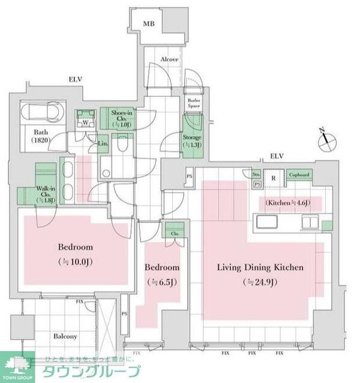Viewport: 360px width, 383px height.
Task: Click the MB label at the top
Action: (x=148, y=24)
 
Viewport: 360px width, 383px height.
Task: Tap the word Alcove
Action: (x=172, y=60)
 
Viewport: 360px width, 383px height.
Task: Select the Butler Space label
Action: (x=194, y=103)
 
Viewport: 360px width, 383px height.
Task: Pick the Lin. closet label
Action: (x=102, y=144)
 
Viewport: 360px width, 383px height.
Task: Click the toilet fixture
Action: (x=123, y=144)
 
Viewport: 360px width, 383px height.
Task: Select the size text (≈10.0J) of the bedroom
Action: (x=76, y=262)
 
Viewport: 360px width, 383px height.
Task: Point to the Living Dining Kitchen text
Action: (x=260, y=267)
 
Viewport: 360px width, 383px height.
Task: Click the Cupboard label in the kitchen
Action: (x=298, y=175)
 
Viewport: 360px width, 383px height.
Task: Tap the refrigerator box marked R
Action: (x=273, y=177)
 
